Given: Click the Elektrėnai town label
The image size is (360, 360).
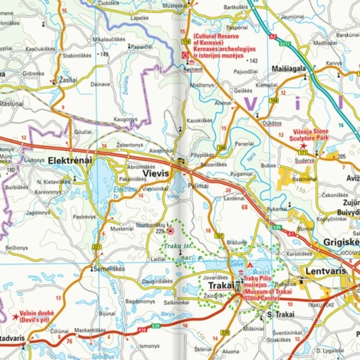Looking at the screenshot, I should [x=69, y=160].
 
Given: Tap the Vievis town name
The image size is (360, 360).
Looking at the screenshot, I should [x=156, y=175].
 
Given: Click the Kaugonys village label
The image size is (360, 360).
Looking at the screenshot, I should [x=125, y=120].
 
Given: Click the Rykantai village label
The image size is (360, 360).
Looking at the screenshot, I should [x=277, y=207].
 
